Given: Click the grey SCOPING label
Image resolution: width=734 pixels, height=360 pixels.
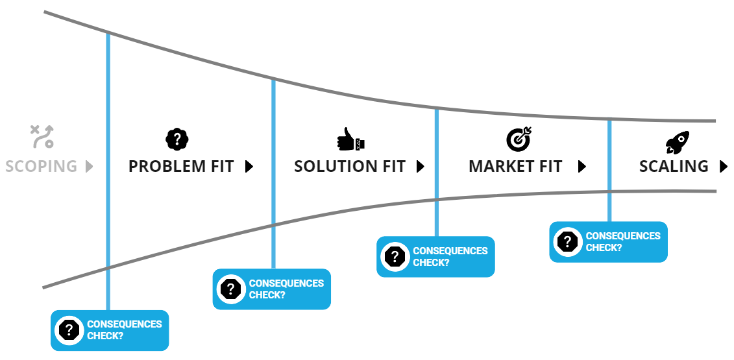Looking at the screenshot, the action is click(x=41, y=166).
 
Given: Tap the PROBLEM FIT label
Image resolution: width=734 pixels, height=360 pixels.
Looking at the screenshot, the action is click(x=181, y=166).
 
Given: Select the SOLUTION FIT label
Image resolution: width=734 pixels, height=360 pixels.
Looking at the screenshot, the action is click(x=350, y=166).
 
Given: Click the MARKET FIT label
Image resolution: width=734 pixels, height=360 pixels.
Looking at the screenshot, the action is click(x=515, y=166).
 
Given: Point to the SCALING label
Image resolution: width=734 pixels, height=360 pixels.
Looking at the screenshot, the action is click(x=674, y=166).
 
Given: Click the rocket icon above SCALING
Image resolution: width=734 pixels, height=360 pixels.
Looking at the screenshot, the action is click(x=678, y=142).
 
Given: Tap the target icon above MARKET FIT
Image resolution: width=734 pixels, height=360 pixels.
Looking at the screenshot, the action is click(x=519, y=139).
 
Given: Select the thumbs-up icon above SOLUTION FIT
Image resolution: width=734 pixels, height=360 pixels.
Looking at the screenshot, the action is click(x=350, y=139).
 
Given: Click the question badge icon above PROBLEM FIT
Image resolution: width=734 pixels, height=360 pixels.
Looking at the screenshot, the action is click(x=177, y=139).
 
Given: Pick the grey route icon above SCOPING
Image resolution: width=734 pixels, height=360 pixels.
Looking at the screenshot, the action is click(x=42, y=137).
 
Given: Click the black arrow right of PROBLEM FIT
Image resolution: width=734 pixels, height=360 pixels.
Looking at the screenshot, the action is click(x=249, y=166).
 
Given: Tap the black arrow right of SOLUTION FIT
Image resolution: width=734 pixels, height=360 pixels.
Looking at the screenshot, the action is click(x=421, y=166).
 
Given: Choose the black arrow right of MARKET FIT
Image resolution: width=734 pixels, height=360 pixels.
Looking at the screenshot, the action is click(x=582, y=166).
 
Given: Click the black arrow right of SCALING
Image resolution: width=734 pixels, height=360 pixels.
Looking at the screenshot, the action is click(x=724, y=166).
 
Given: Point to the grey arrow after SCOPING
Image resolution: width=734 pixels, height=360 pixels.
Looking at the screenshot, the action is click(x=90, y=166).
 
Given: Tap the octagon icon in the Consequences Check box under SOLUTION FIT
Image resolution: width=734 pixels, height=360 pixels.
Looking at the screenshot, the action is click(x=231, y=289).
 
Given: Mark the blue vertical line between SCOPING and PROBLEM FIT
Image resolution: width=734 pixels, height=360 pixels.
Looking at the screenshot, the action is click(x=108, y=171).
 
